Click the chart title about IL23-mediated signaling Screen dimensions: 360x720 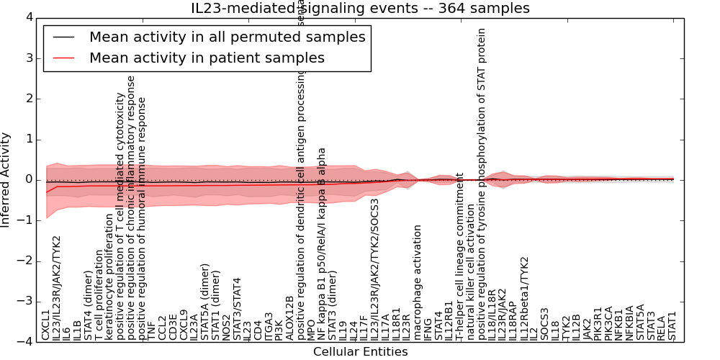coord(360,9)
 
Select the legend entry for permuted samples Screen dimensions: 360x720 coord(227,37)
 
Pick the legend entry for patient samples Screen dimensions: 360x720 coord(207,58)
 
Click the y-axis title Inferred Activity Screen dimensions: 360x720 coord(6,180)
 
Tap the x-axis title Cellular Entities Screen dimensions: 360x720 coord(360,352)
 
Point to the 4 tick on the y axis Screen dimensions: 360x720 coord(28,17)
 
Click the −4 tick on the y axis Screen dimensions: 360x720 coord(26,342)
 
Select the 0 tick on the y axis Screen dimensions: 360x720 coord(28,180)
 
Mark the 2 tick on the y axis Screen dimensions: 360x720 coord(28,99)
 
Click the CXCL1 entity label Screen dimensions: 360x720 coord(46,325)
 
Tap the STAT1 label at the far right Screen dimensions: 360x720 coord(672,325)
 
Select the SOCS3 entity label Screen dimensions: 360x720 coord(544,323)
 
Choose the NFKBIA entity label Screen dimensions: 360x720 coord(629,322)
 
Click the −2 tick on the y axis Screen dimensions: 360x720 coord(26,261)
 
